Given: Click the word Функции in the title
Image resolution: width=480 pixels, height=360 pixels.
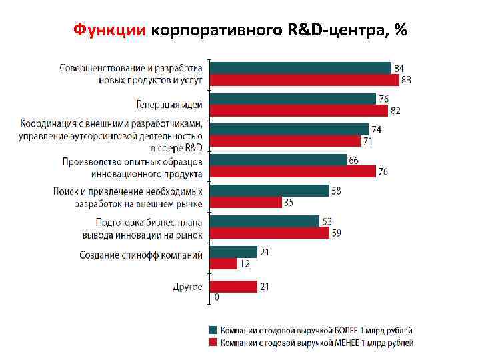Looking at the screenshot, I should point(110,31).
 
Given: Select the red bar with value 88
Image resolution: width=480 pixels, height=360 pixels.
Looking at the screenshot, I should point(305,80).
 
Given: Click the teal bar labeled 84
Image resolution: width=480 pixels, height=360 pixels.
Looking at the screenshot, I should point(301,67).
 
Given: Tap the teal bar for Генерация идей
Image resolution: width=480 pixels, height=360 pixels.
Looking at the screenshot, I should point(293,99).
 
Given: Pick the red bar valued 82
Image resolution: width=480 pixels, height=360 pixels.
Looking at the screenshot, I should point(298,111).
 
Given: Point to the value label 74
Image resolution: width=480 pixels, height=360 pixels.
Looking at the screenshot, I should point(377,129).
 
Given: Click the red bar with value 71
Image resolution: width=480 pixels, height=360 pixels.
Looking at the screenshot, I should point(285,141).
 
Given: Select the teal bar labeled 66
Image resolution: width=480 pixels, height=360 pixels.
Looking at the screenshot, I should point(279,160).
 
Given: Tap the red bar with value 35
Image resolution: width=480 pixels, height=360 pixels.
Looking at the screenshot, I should point(245,203).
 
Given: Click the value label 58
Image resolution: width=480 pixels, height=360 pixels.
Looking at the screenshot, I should point(337,191).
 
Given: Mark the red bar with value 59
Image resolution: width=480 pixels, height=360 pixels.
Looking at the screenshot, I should point(269,233).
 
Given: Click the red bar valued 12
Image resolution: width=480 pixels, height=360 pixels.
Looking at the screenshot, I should point(223,264).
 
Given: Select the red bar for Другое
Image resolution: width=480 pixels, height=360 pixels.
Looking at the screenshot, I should point(233,286).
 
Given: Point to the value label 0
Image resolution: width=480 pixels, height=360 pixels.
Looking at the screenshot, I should point(215,297).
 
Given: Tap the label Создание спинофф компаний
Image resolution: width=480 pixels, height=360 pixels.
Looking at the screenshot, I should point(141,255).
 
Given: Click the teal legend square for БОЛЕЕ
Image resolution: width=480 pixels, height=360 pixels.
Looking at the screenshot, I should point(213,330).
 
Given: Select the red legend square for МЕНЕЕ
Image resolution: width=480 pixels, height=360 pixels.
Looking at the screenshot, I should point(213,343).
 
